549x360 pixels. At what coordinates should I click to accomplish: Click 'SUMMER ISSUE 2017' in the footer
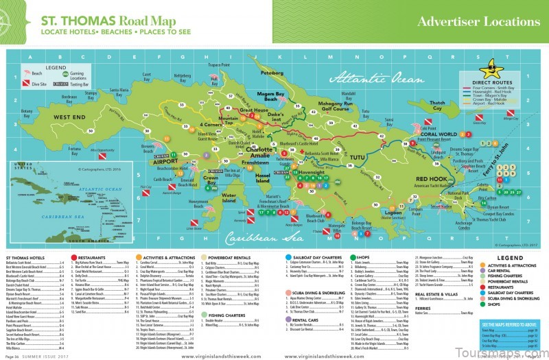coord(43,355)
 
